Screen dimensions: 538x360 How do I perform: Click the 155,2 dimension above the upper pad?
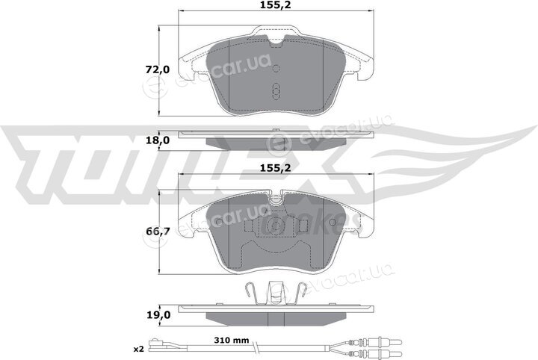coord(276,4)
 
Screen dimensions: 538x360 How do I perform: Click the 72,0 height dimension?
coord(158,69)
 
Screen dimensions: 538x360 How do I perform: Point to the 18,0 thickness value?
coord(158,140)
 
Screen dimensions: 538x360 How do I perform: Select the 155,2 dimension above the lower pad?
coord(276,167)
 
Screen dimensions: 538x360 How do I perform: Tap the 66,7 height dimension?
coord(158,232)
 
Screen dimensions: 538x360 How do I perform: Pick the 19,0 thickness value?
coord(158,314)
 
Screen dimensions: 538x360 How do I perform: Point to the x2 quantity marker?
coord(138,349)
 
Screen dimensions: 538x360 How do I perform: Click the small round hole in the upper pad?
coord(276,69)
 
